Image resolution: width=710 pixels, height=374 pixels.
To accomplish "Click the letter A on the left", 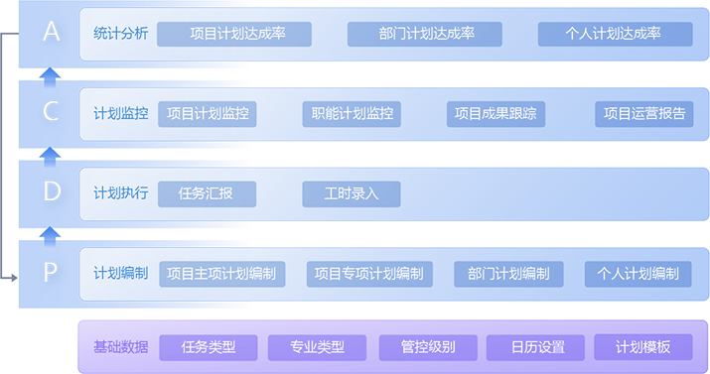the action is [52, 33].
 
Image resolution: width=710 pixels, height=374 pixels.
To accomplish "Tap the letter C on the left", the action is [52, 112].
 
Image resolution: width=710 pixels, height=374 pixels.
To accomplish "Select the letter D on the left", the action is [52, 191].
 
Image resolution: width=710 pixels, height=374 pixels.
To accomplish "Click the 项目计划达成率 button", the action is [234, 34].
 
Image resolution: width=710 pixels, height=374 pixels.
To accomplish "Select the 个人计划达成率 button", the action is [614, 34].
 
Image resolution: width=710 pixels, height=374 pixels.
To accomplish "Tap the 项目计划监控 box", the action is [208, 114].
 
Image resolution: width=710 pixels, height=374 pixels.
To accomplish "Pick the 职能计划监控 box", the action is [352, 114].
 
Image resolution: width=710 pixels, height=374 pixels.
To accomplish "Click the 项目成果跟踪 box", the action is [496, 114].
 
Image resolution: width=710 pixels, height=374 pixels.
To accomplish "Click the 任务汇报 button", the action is [208, 193].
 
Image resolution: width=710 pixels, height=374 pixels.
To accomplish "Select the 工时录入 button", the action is [352, 193].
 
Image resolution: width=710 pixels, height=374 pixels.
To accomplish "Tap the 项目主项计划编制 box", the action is [221, 274].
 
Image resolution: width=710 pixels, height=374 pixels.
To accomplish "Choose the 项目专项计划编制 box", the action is [368, 274].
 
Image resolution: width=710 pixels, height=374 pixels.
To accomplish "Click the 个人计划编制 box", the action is [639, 274].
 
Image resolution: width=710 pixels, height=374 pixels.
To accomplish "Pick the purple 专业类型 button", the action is [318, 347].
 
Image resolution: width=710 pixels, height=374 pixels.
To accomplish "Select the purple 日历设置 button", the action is [538, 347].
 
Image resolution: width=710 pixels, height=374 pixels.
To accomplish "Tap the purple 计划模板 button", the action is [642, 347].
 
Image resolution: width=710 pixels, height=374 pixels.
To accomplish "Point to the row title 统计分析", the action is [121, 34].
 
